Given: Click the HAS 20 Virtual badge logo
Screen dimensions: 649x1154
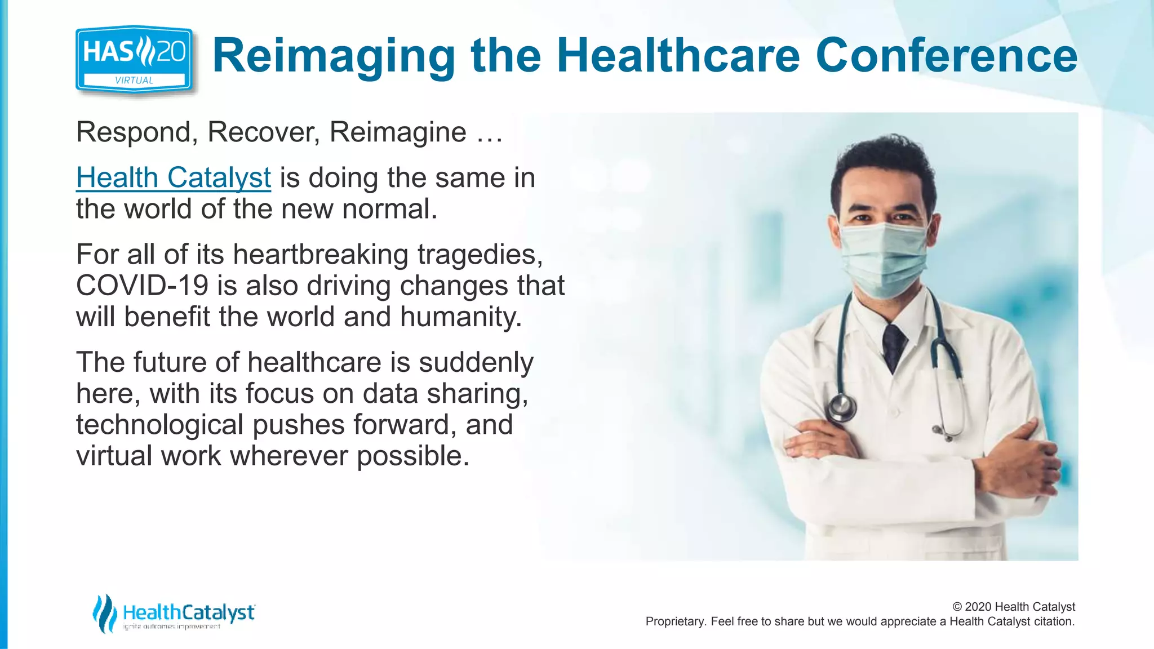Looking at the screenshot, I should (x=134, y=59).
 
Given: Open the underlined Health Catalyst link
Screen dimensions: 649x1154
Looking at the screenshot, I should (x=174, y=177).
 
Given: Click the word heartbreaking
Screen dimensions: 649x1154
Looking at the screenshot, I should (x=320, y=255).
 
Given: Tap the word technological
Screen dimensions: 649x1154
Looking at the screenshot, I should (x=159, y=425).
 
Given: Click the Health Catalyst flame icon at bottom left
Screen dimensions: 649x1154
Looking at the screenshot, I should (x=104, y=613).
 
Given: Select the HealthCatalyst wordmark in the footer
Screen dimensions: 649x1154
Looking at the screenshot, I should (x=189, y=612).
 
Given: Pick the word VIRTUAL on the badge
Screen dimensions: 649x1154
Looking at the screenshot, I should (x=134, y=81).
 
